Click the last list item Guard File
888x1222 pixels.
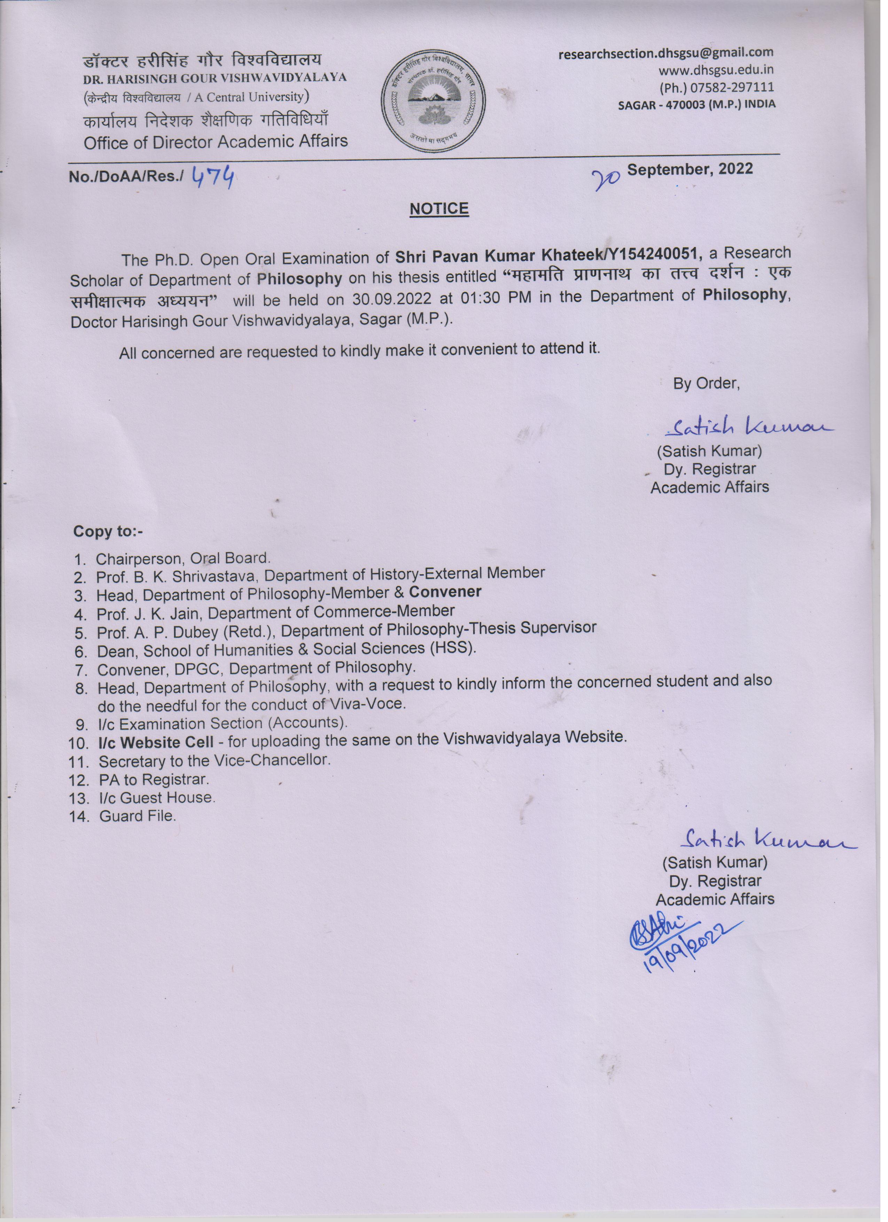pyautogui.click(x=137, y=816)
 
